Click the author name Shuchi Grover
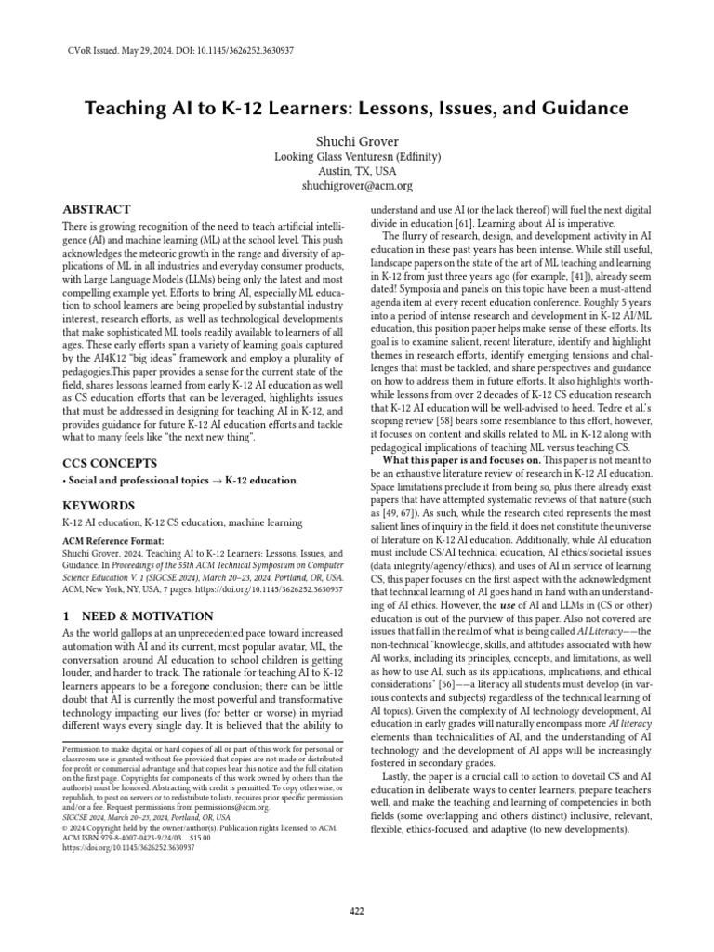click(x=356, y=139)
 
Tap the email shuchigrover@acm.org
click(x=356, y=186)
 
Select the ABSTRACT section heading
click(x=97, y=210)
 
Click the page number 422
click(x=357, y=910)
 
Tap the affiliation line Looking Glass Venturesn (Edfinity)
click(x=356, y=156)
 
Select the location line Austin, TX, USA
click(x=356, y=171)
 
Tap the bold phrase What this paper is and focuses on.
click(x=461, y=460)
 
